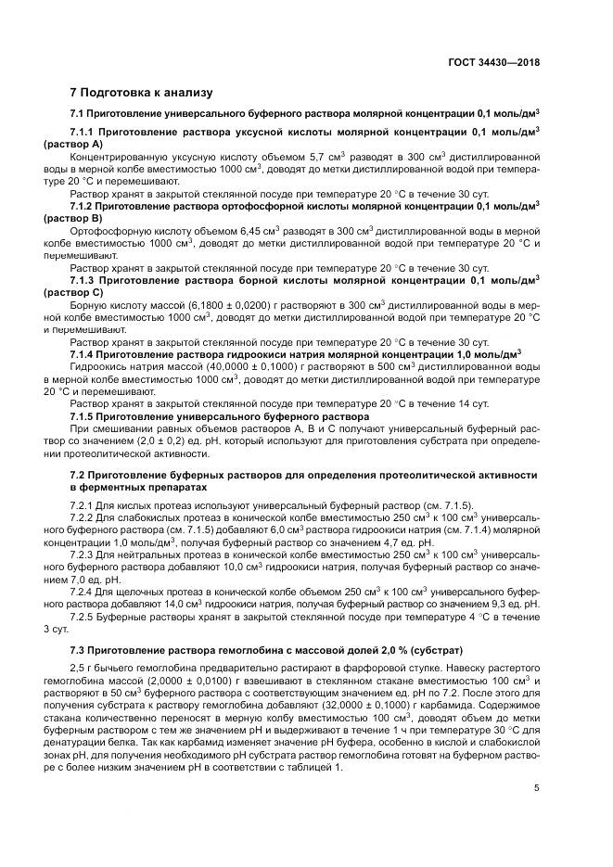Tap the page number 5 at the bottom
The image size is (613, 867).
(x=537, y=789)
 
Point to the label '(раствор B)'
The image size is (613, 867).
(x=73, y=217)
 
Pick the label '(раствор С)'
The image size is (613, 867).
(x=73, y=290)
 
